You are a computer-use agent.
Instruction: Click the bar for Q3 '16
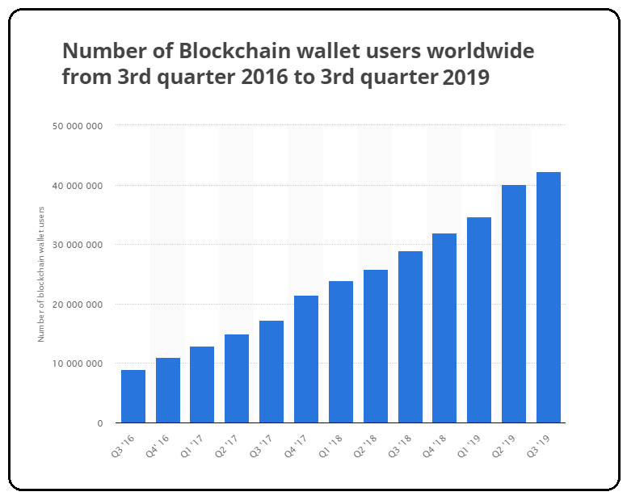click(133, 397)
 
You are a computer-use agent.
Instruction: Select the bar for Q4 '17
click(306, 359)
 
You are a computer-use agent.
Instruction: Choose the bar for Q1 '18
click(341, 352)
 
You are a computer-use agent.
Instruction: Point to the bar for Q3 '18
click(410, 337)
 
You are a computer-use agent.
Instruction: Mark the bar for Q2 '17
click(237, 379)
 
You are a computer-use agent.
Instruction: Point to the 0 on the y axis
click(100, 423)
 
